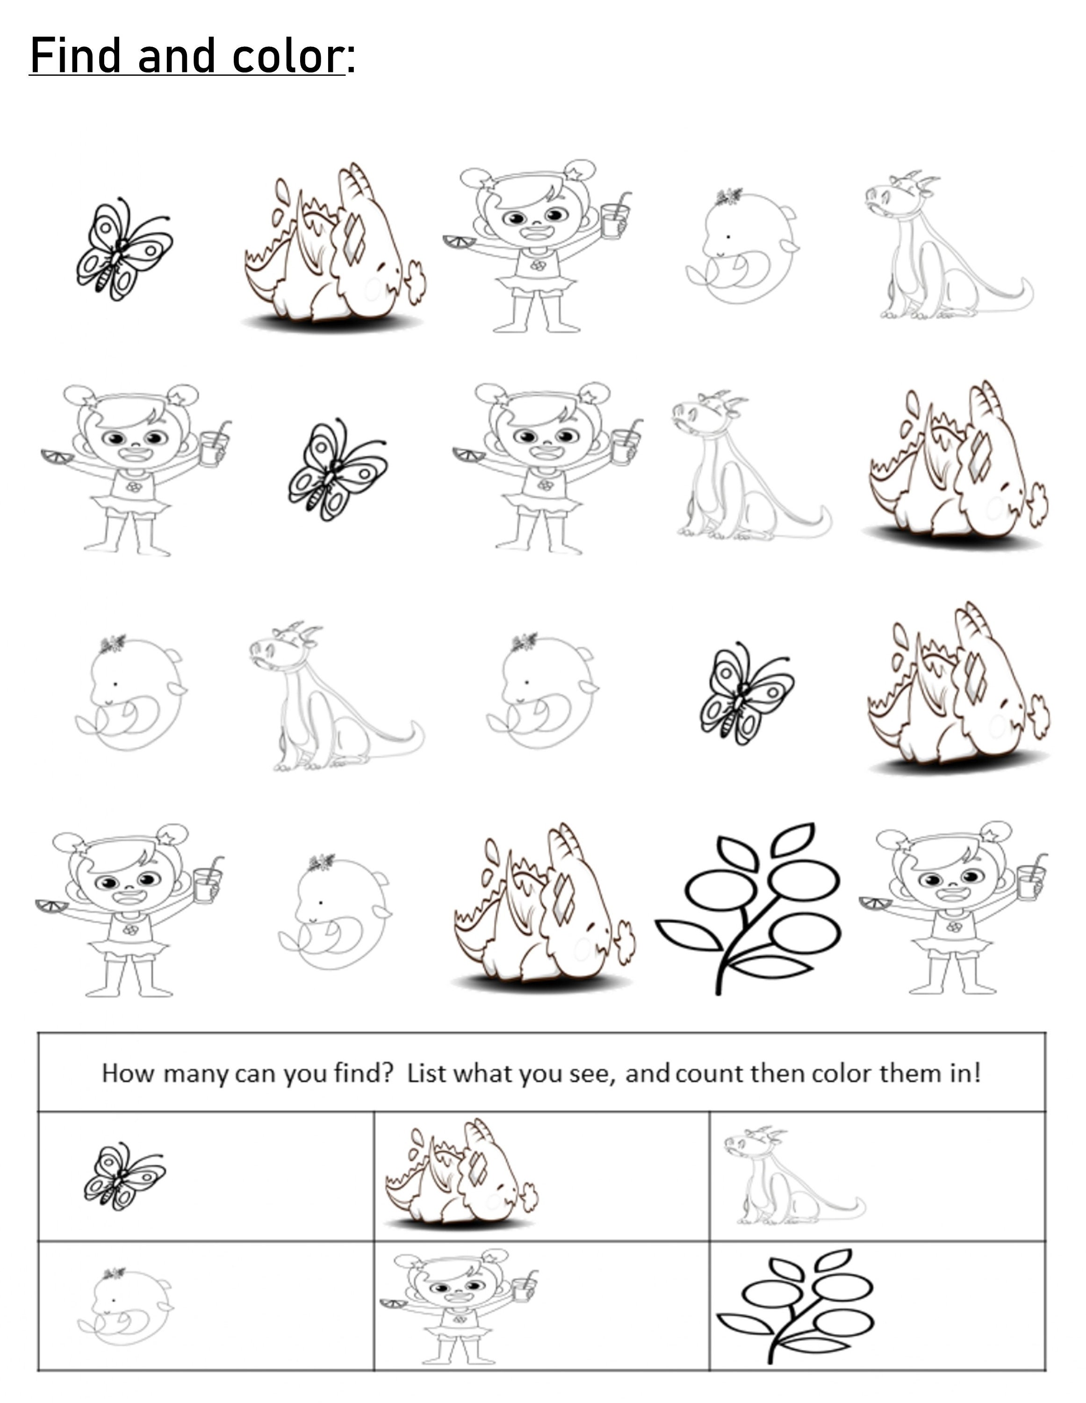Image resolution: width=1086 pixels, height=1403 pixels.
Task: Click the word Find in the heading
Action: coord(75,56)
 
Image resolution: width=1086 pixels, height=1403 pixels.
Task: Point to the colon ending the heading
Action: coord(351,59)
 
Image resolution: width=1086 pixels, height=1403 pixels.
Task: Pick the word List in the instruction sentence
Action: coord(426,1073)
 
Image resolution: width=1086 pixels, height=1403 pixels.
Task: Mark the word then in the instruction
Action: coord(778,1073)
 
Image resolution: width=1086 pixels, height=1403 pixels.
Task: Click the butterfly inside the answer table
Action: coord(124,1176)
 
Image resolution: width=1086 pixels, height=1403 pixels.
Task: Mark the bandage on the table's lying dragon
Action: coord(476,1167)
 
